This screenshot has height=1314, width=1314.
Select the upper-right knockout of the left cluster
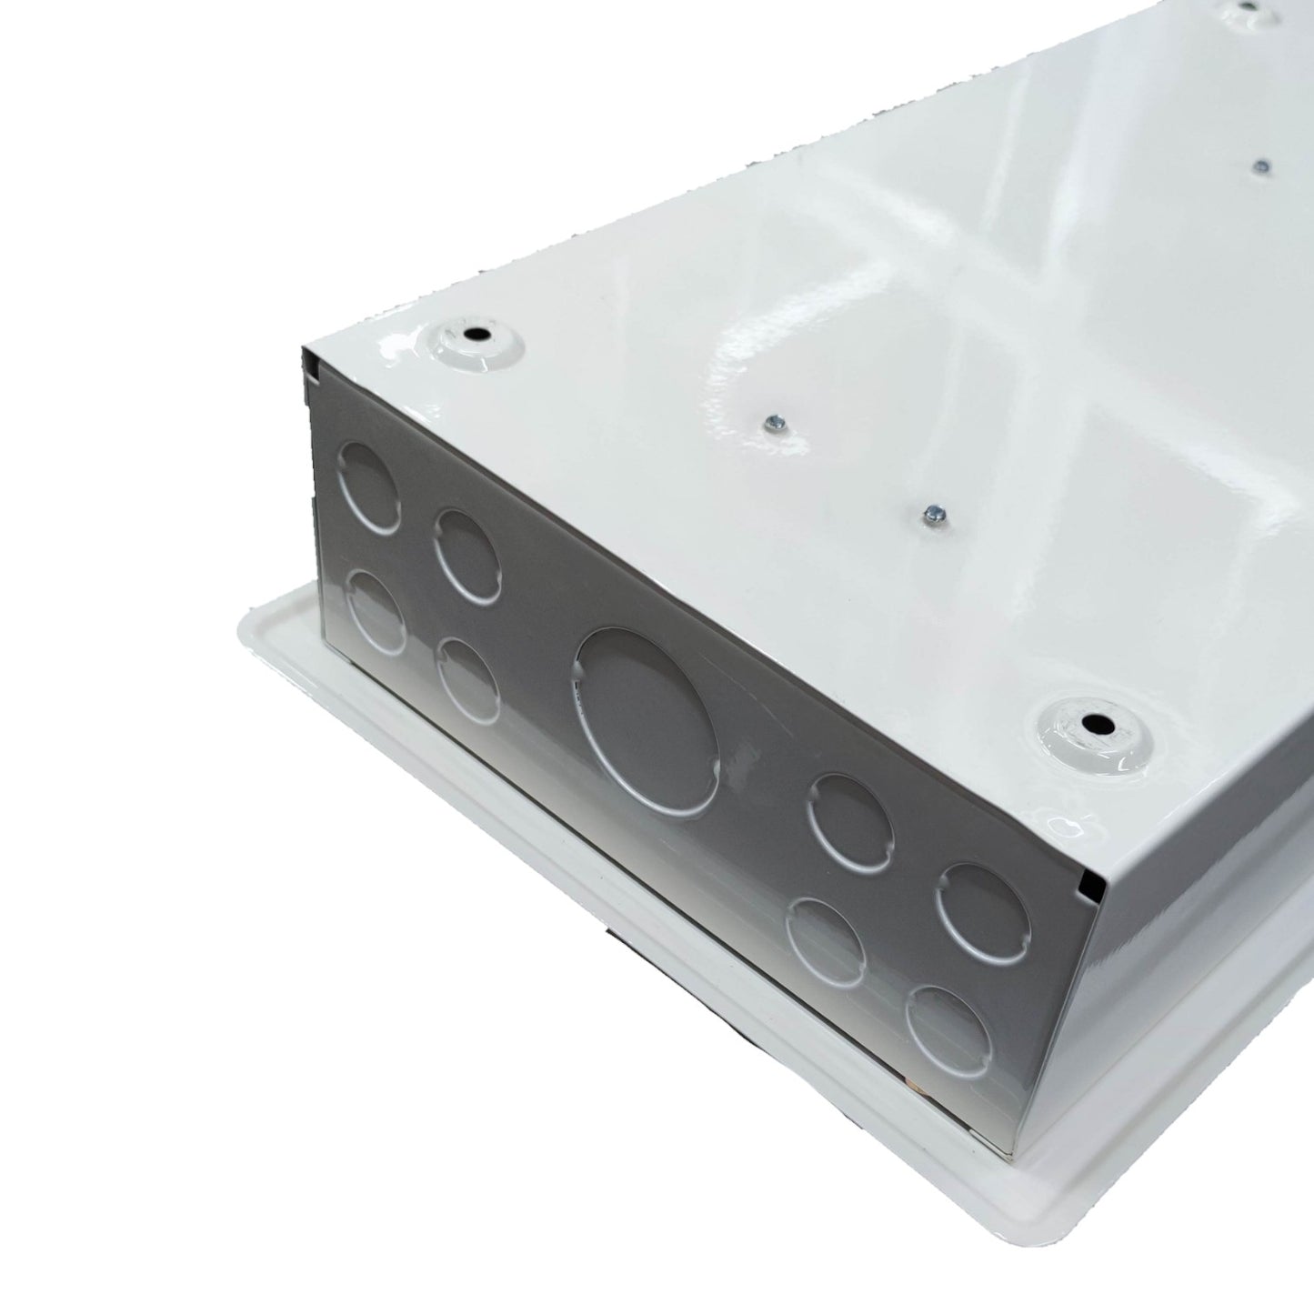(x=466, y=554)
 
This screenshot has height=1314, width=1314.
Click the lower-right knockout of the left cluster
(x=468, y=678)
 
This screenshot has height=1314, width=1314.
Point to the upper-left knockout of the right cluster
(x=850, y=822)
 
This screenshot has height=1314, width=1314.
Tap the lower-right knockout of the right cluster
(x=948, y=1031)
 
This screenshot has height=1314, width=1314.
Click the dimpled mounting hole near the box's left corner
(x=474, y=335)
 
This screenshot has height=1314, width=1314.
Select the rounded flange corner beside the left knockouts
(x=259, y=619)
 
